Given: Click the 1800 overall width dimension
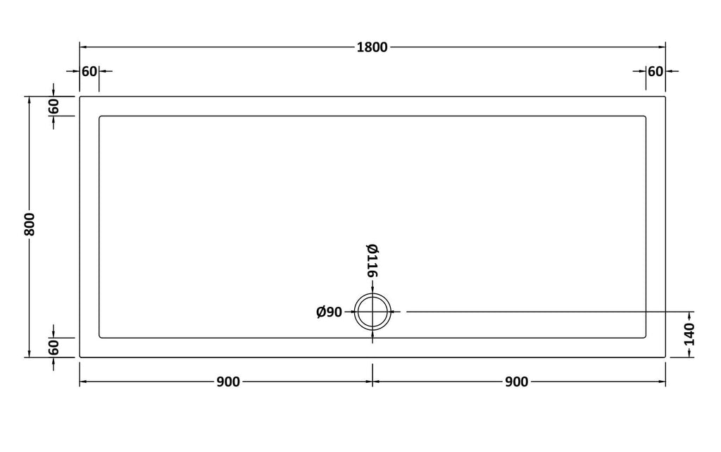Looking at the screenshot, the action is pos(372,47).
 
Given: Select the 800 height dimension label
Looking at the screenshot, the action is pos(30,224).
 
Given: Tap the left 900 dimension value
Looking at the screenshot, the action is pos(228,381).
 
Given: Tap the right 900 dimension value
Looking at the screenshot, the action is pos(516,381).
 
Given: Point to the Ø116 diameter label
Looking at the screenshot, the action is pos(372,260).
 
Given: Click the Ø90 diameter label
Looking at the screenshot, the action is pos(330,312).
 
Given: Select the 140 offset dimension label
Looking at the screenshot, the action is pos(689,334).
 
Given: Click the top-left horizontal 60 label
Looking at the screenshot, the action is pos(89,71).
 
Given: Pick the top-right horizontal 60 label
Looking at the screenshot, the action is pos(656,71).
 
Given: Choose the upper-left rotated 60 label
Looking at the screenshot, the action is pos(54,106).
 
